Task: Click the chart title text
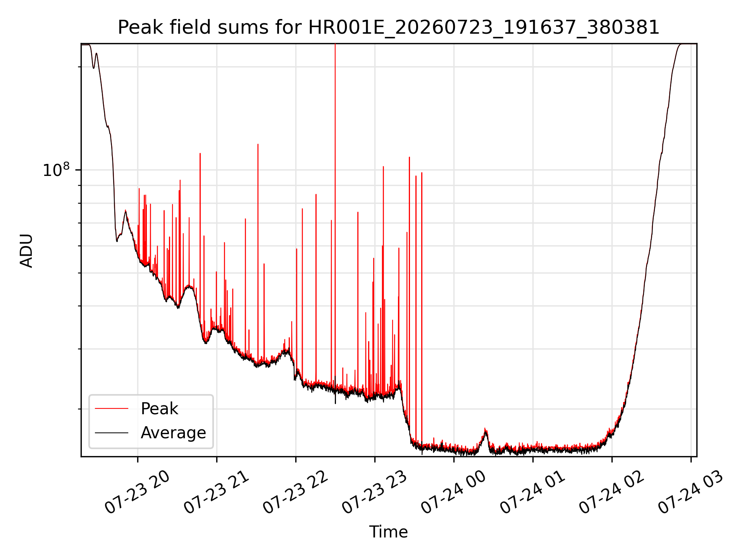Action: pos(388,28)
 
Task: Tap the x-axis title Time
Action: pos(388,532)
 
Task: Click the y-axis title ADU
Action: pos(26,250)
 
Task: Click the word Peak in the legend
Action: pos(159,409)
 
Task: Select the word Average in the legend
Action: pos(173,433)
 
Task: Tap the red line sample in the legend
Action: pos(112,408)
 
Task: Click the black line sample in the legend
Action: pos(112,432)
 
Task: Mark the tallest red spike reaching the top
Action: pos(335,217)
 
